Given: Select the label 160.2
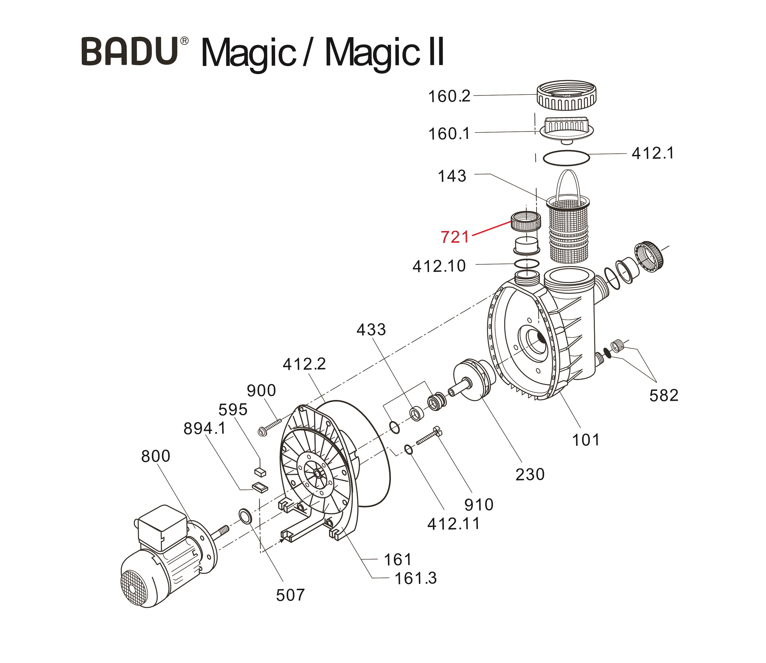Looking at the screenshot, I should point(449,97).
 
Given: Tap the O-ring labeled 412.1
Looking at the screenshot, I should point(566,158).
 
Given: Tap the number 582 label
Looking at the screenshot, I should point(664,395).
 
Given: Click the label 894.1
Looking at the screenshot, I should point(204,428).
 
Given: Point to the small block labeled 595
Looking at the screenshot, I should point(260,472).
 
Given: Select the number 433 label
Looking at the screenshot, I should point(371,330).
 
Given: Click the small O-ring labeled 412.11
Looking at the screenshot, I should point(408,450).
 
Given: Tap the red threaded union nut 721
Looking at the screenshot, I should point(525,221).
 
